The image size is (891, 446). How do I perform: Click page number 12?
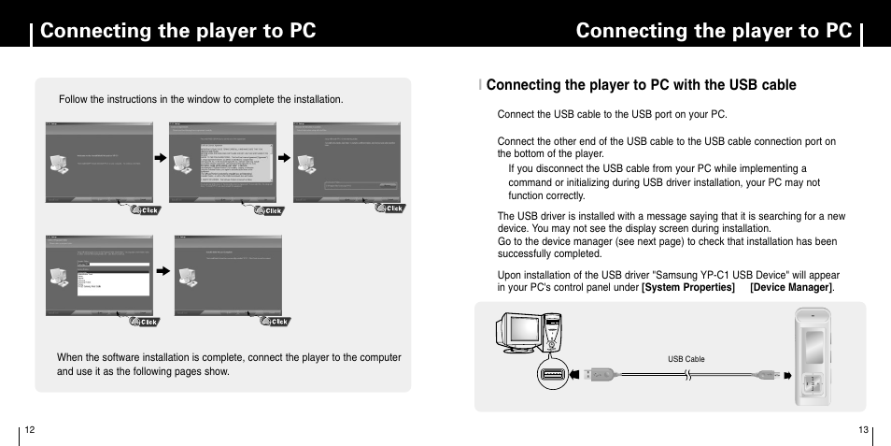coord(30,429)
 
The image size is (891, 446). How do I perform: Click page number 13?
coord(863,429)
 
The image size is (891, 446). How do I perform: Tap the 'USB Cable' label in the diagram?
coord(686,359)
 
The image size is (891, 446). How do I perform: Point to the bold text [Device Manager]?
coord(792,287)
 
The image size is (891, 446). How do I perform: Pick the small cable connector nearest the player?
coord(768,375)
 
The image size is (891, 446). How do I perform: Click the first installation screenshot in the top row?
coord(99,160)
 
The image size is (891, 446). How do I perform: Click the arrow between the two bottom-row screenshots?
coord(163,271)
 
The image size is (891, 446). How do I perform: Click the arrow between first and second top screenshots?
coord(161,159)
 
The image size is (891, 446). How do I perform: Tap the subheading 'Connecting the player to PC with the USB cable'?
coord(641,85)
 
